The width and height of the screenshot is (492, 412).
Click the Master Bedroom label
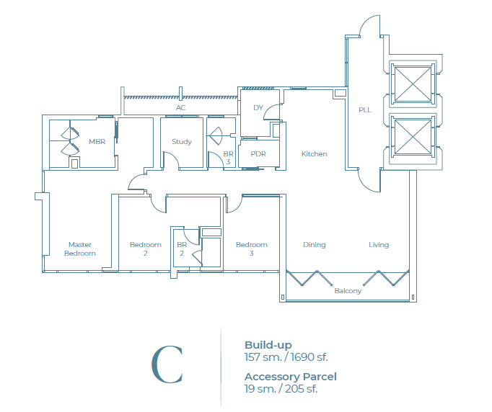pyautogui.click(x=79, y=248)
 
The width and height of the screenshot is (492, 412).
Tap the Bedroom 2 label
pyautogui.click(x=145, y=248)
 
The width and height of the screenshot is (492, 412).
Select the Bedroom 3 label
pyautogui.click(x=252, y=248)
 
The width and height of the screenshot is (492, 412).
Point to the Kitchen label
pyautogui.click(x=314, y=154)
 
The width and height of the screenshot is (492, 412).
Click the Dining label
pyautogui.click(x=314, y=245)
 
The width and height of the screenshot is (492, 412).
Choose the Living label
pyautogui.click(x=379, y=245)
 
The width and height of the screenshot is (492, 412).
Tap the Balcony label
pyautogui.click(x=348, y=291)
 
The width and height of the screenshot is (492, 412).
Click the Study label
pyautogui.click(x=182, y=142)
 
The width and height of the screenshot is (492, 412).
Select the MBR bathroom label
pyautogui.click(x=97, y=142)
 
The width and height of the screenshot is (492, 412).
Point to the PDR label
pyautogui.click(x=259, y=154)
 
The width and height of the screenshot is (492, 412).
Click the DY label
pyautogui.click(x=258, y=108)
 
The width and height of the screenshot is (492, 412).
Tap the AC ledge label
pyautogui.click(x=181, y=108)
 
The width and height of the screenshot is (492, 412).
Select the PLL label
pyautogui.click(x=364, y=110)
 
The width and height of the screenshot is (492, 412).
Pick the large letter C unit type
pyautogui.click(x=167, y=365)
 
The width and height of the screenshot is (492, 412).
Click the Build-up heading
pyautogui.click(x=268, y=345)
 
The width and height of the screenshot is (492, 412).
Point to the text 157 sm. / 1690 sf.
pyautogui.click(x=286, y=357)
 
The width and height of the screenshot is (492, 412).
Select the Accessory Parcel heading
pyautogui.click(x=290, y=377)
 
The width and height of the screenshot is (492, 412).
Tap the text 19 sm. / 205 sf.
pyautogui.click(x=281, y=388)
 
